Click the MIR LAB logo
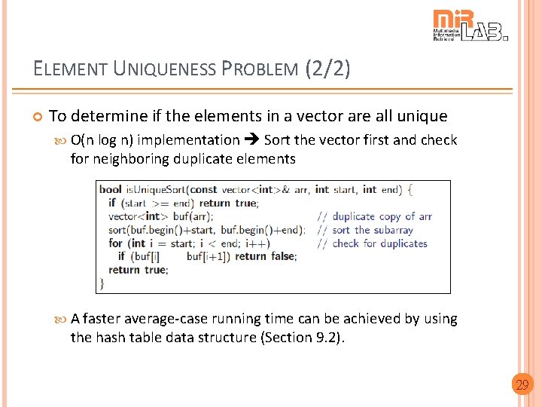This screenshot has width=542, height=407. click(470, 26)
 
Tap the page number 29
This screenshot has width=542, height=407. click(521, 385)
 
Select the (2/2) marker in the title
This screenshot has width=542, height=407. click(328, 69)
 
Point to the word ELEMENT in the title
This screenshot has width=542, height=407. click(72, 69)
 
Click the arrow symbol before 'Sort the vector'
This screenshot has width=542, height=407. click(251, 140)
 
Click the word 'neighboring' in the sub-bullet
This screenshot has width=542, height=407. click(132, 158)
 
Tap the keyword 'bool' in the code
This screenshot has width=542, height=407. click(111, 189)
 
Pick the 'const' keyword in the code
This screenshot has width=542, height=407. click(204, 189)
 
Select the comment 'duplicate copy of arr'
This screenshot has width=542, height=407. click(382, 216)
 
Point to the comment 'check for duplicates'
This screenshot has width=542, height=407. click(379, 243)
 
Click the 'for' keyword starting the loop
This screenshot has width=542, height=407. click(115, 243)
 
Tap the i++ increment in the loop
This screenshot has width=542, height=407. click(257, 243)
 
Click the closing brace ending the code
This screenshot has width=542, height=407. click(102, 283)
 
